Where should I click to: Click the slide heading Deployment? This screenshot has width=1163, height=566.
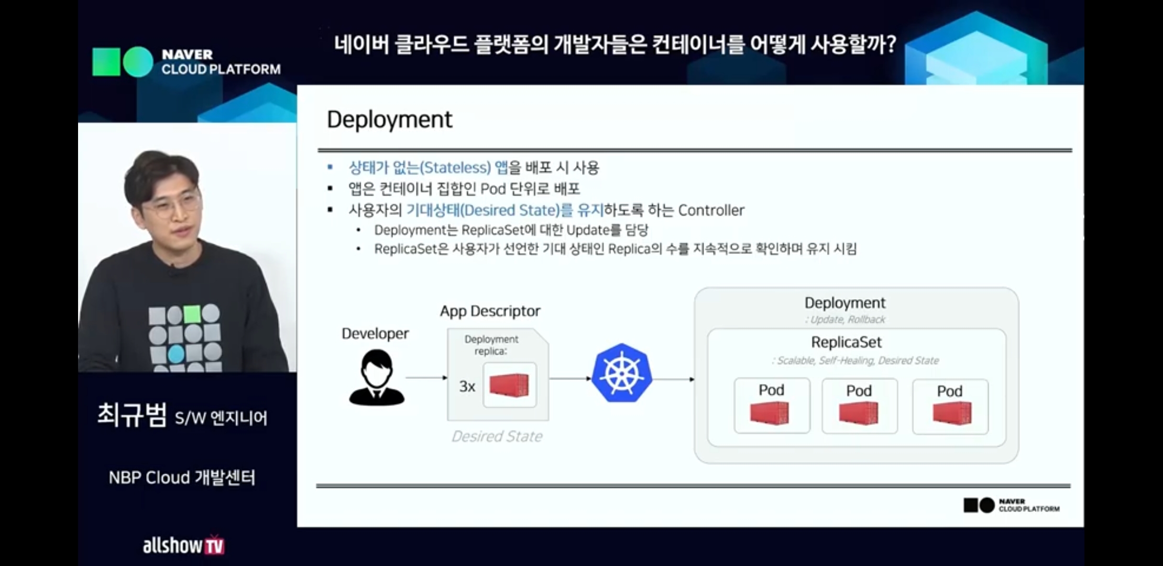tap(389, 119)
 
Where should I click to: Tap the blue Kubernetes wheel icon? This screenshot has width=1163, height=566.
tap(622, 373)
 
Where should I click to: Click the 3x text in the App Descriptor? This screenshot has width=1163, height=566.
tap(467, 387)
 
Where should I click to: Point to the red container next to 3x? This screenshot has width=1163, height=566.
tap(509, 385)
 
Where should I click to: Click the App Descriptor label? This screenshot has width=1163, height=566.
tap(490, 311)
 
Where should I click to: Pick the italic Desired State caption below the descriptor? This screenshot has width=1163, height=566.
tap(497, 437)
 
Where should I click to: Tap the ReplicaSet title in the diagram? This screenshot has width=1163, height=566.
tap(846, 342)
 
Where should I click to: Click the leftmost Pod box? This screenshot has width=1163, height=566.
tap(772, 406)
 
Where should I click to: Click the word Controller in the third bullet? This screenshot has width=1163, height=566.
tap(711, 211)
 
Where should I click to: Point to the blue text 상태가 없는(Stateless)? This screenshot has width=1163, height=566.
tap(420, 168)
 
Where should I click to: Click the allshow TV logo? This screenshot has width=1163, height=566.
tap(183, 545)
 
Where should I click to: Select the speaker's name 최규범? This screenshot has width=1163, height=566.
tap(132, 415)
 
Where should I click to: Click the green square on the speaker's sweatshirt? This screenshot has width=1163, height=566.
tap(192, 314)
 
